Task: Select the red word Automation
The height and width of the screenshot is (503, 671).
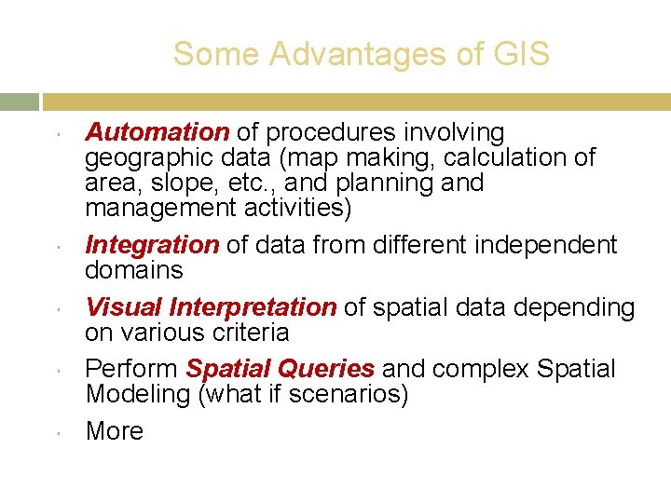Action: pos(157,133)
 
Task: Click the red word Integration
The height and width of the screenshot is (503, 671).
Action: pos(152,245)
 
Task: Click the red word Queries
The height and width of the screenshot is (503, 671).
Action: pos(332,369)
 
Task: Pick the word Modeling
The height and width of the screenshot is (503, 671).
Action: pos(138,394)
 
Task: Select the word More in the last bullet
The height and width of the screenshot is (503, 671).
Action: pos(114,431)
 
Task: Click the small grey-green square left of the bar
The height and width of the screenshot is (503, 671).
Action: pos(19,102)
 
